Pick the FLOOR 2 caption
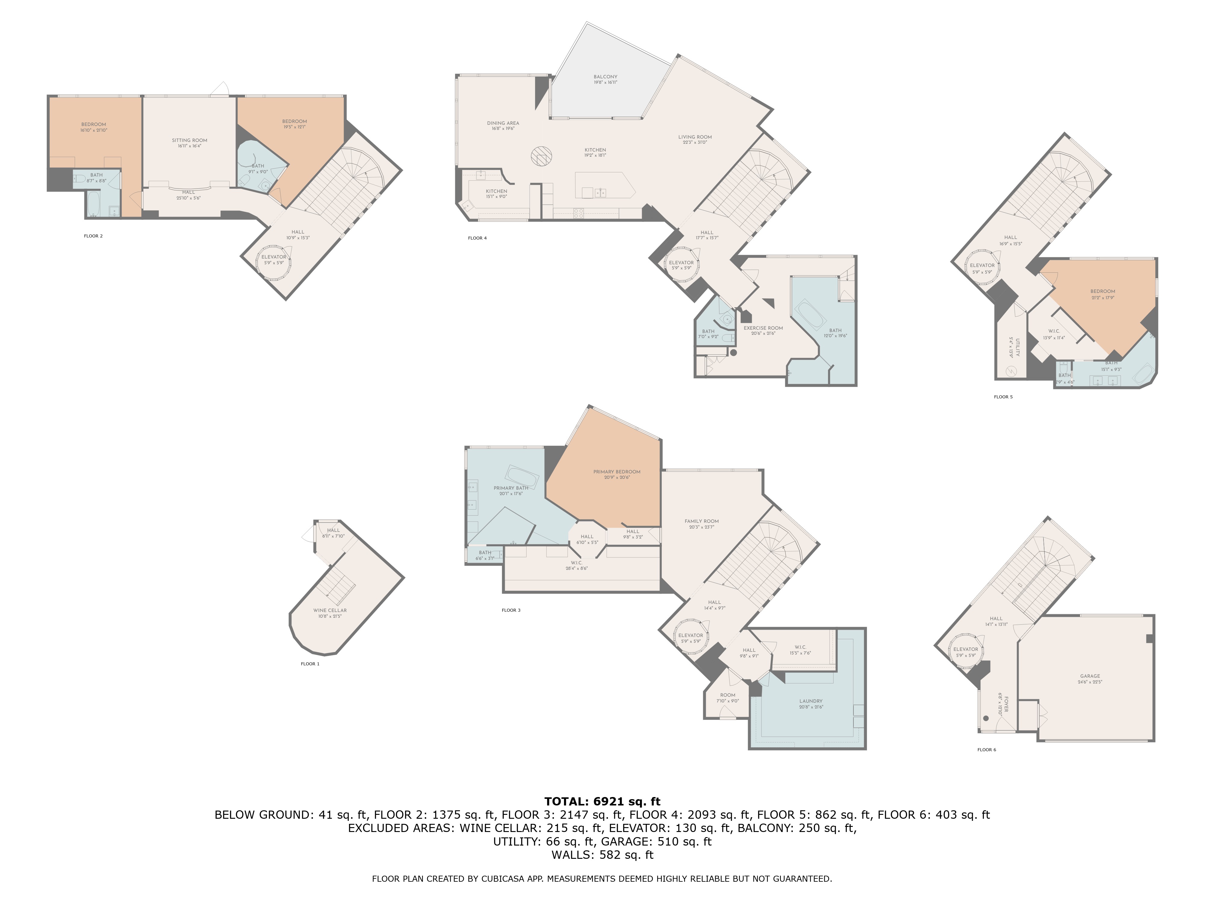point(93,236)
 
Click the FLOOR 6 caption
point(987,750)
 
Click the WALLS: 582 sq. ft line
point(602,854)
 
